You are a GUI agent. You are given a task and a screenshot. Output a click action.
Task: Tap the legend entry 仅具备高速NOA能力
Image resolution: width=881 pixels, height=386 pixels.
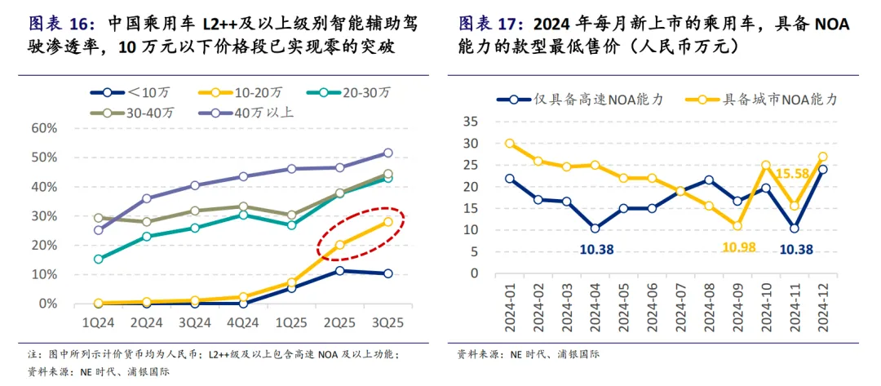(580, 100)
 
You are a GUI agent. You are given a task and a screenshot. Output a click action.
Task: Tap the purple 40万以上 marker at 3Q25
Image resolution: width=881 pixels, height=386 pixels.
(387, 153)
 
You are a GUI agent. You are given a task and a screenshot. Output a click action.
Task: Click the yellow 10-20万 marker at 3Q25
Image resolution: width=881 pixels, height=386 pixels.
(387, 221)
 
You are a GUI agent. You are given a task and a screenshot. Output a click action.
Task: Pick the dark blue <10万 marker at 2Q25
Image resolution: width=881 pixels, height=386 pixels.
(339, 270)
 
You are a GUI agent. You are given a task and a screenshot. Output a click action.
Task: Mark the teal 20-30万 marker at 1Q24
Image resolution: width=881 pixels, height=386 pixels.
(99, 259)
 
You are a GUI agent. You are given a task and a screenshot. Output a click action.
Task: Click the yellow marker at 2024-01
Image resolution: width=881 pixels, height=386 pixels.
(510, 143)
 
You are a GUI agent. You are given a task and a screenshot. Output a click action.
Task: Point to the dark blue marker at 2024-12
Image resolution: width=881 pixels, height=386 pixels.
(822, 170)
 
